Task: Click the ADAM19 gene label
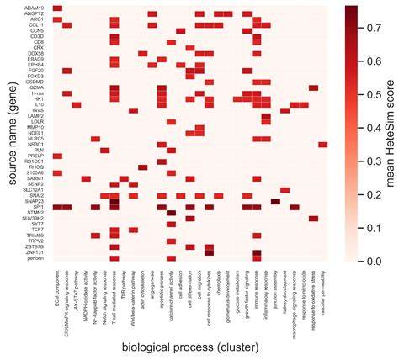(35, 7)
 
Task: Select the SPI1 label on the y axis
(40, 206)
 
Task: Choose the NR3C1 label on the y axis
(36, 144)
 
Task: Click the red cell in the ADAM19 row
(57, 7)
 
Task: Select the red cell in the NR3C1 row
(323, 144)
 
